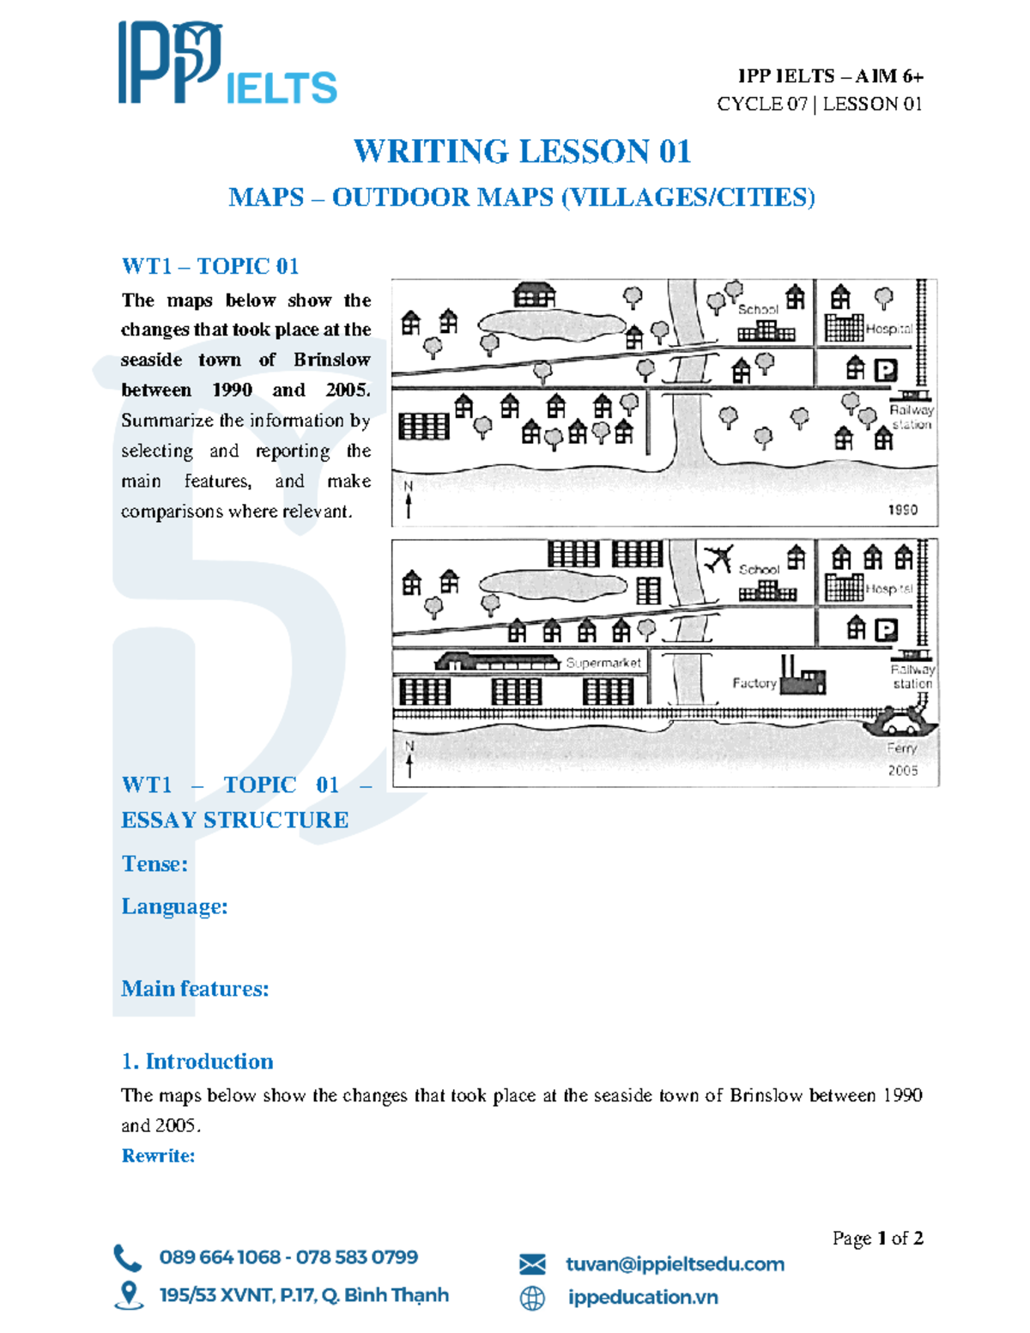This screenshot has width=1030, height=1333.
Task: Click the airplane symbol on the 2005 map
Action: point(718,559)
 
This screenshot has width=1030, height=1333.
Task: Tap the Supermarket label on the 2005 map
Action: point(603,663)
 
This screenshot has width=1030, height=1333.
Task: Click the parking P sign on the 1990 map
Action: point(885,370)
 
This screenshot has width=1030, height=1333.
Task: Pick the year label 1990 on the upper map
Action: point(902,510)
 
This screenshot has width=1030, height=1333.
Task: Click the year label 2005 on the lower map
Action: point(902,771)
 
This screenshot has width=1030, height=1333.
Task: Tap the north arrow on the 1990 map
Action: point(409,500)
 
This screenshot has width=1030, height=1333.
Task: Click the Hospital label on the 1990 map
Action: point(888,329)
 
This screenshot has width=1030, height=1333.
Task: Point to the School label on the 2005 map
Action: point(759,569)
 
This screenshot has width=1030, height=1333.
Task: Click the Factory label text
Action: point(754,683)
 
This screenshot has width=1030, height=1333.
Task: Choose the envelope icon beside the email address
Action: point(532,1263)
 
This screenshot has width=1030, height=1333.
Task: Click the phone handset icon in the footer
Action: point(127,1257)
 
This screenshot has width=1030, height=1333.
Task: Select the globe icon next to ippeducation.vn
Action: point(532,1298)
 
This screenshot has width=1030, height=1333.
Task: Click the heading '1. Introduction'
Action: point(197,1062)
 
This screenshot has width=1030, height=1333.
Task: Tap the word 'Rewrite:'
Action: point(158,1155)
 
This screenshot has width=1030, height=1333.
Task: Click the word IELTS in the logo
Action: point(282,88)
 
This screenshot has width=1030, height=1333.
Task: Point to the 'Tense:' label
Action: point(154,863)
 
